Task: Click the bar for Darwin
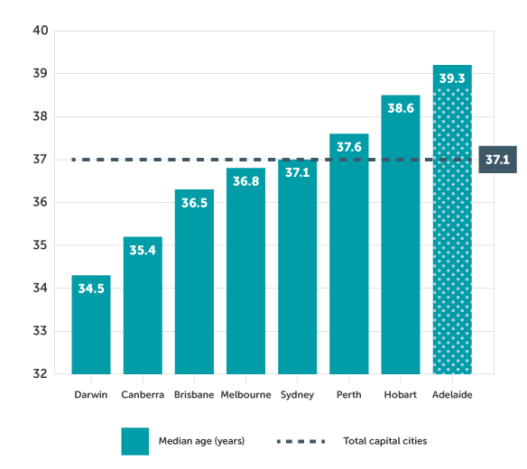91,325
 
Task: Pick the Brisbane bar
194,289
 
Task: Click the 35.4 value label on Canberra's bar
143,250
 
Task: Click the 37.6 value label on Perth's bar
349,147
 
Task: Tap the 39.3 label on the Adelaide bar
452,78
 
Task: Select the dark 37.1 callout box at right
497,160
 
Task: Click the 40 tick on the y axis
41,31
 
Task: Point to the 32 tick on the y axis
41,373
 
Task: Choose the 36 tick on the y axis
41,202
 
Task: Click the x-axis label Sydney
297,394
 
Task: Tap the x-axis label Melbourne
245,394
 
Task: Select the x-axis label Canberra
143,394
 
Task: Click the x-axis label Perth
349,394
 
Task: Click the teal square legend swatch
134,441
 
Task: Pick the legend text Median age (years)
201,441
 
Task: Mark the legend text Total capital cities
384,441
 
